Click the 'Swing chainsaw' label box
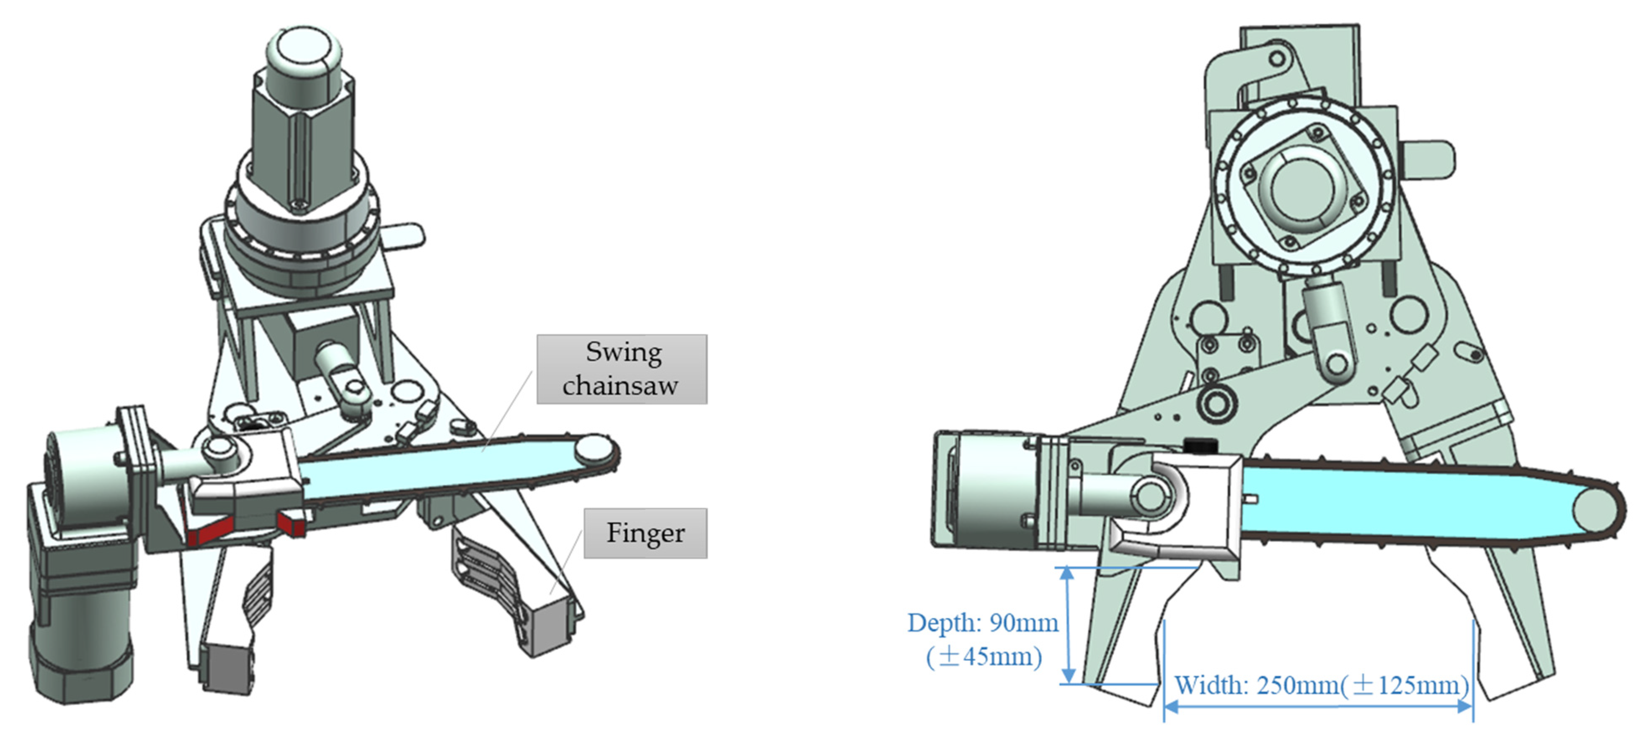(622, 369)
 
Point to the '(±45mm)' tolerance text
(984, 656)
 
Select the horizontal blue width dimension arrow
(1318, 706)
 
